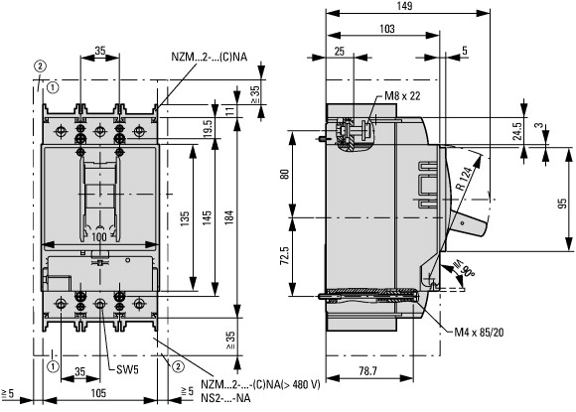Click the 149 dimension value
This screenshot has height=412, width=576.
404,6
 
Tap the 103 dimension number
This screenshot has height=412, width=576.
387,29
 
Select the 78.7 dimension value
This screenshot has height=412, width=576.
368,371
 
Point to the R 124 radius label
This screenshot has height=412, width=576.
464,179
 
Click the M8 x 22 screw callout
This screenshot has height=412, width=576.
402,96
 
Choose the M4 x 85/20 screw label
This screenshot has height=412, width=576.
479,333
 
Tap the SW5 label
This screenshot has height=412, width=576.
127,369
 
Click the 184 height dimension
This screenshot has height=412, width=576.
228,217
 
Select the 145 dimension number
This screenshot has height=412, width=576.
207,217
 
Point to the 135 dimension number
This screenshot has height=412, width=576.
185,217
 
